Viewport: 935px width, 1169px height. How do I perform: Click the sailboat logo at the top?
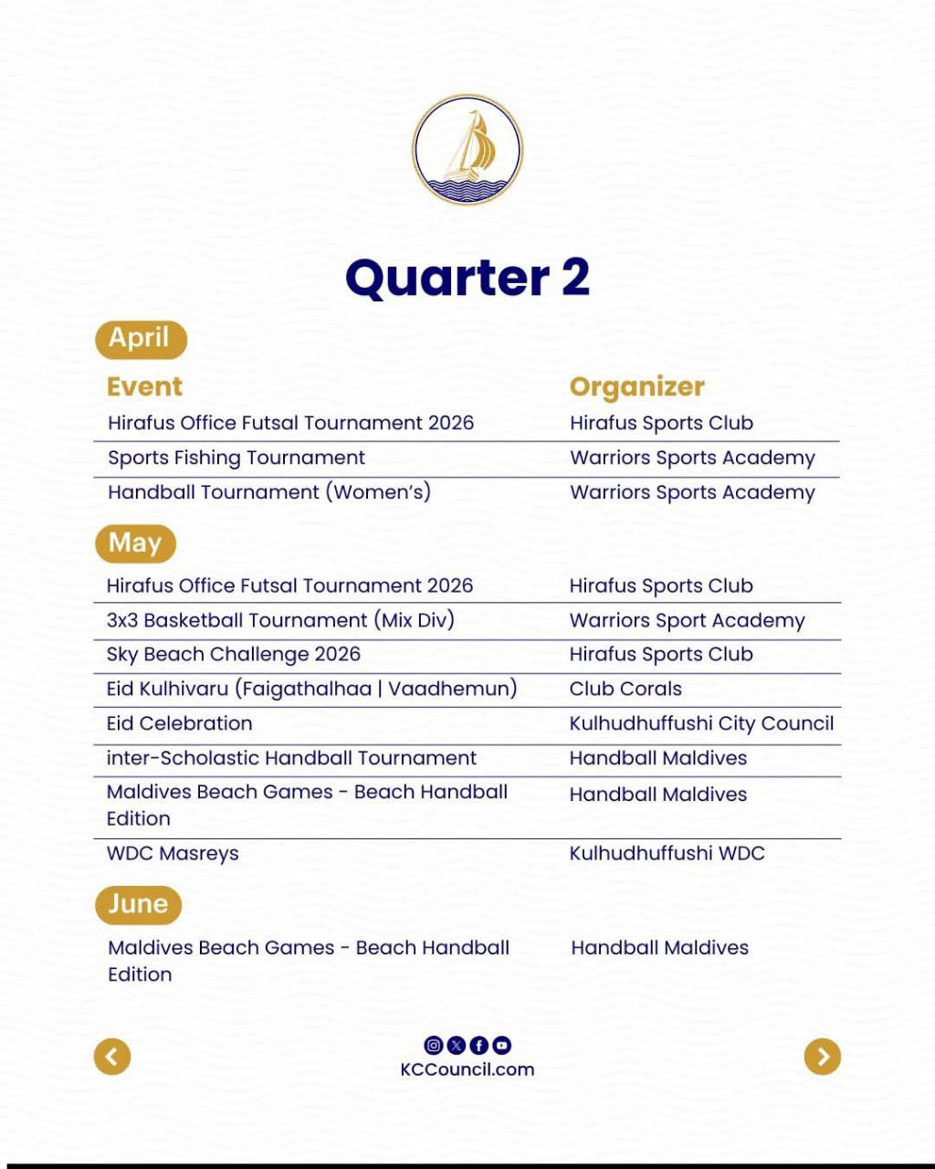[x=467, y=150]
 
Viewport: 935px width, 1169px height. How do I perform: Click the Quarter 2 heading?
[x=467, y=277]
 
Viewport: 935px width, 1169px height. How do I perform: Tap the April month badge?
[x=140, y=339]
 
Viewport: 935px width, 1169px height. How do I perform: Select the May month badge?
[x=135, y=543]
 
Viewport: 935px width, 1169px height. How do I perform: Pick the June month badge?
[x=138, y=904]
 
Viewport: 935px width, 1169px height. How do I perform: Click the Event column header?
[x=144, y=386]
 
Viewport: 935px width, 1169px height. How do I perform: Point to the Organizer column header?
[x=636, y=386]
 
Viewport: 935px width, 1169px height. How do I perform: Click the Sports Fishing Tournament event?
[x=236, y=458]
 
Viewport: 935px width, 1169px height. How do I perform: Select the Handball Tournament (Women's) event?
[x=269, y=492]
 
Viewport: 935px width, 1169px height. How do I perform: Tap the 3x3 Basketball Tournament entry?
[x=280, y=620]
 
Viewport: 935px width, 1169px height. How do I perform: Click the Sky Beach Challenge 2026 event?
[x=234, y=654]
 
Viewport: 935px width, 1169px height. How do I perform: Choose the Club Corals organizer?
[x=625, y=689]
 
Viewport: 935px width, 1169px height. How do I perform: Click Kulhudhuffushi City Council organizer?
[x=701, y=723]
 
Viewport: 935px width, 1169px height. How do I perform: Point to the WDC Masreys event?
[x=173, y=853]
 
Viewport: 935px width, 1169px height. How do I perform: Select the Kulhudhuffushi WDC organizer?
[x=667, y=853]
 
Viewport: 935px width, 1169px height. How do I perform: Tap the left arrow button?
[x=112, y=1057]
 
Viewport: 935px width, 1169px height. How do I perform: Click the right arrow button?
[x=823, y=1057]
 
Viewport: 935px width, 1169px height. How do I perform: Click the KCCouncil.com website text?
[x=467, y=1069]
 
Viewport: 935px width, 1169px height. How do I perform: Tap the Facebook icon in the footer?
[x=478, y=1046]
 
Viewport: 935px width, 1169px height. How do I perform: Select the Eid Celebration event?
[x=180, y=723]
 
